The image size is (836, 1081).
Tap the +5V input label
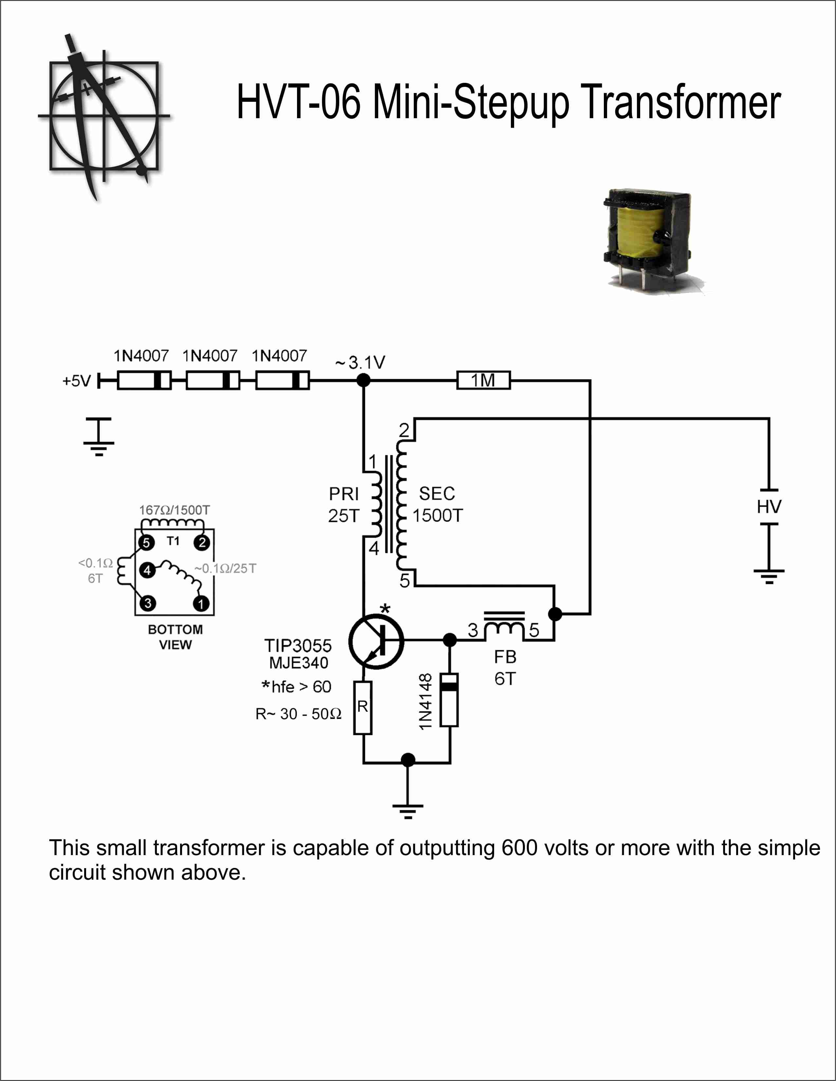(x=77, y=381)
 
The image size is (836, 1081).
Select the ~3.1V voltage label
(x=360, y=362)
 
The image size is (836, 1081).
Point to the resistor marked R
(x=363, y=708)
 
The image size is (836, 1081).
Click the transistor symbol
(x=377, y=641)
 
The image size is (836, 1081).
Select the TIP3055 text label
(x=298, y=646)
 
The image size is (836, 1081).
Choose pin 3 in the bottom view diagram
(x=147, y=603)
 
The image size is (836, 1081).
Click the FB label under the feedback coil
(x=505, y=657)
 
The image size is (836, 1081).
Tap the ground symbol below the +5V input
(x=99, y=437)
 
